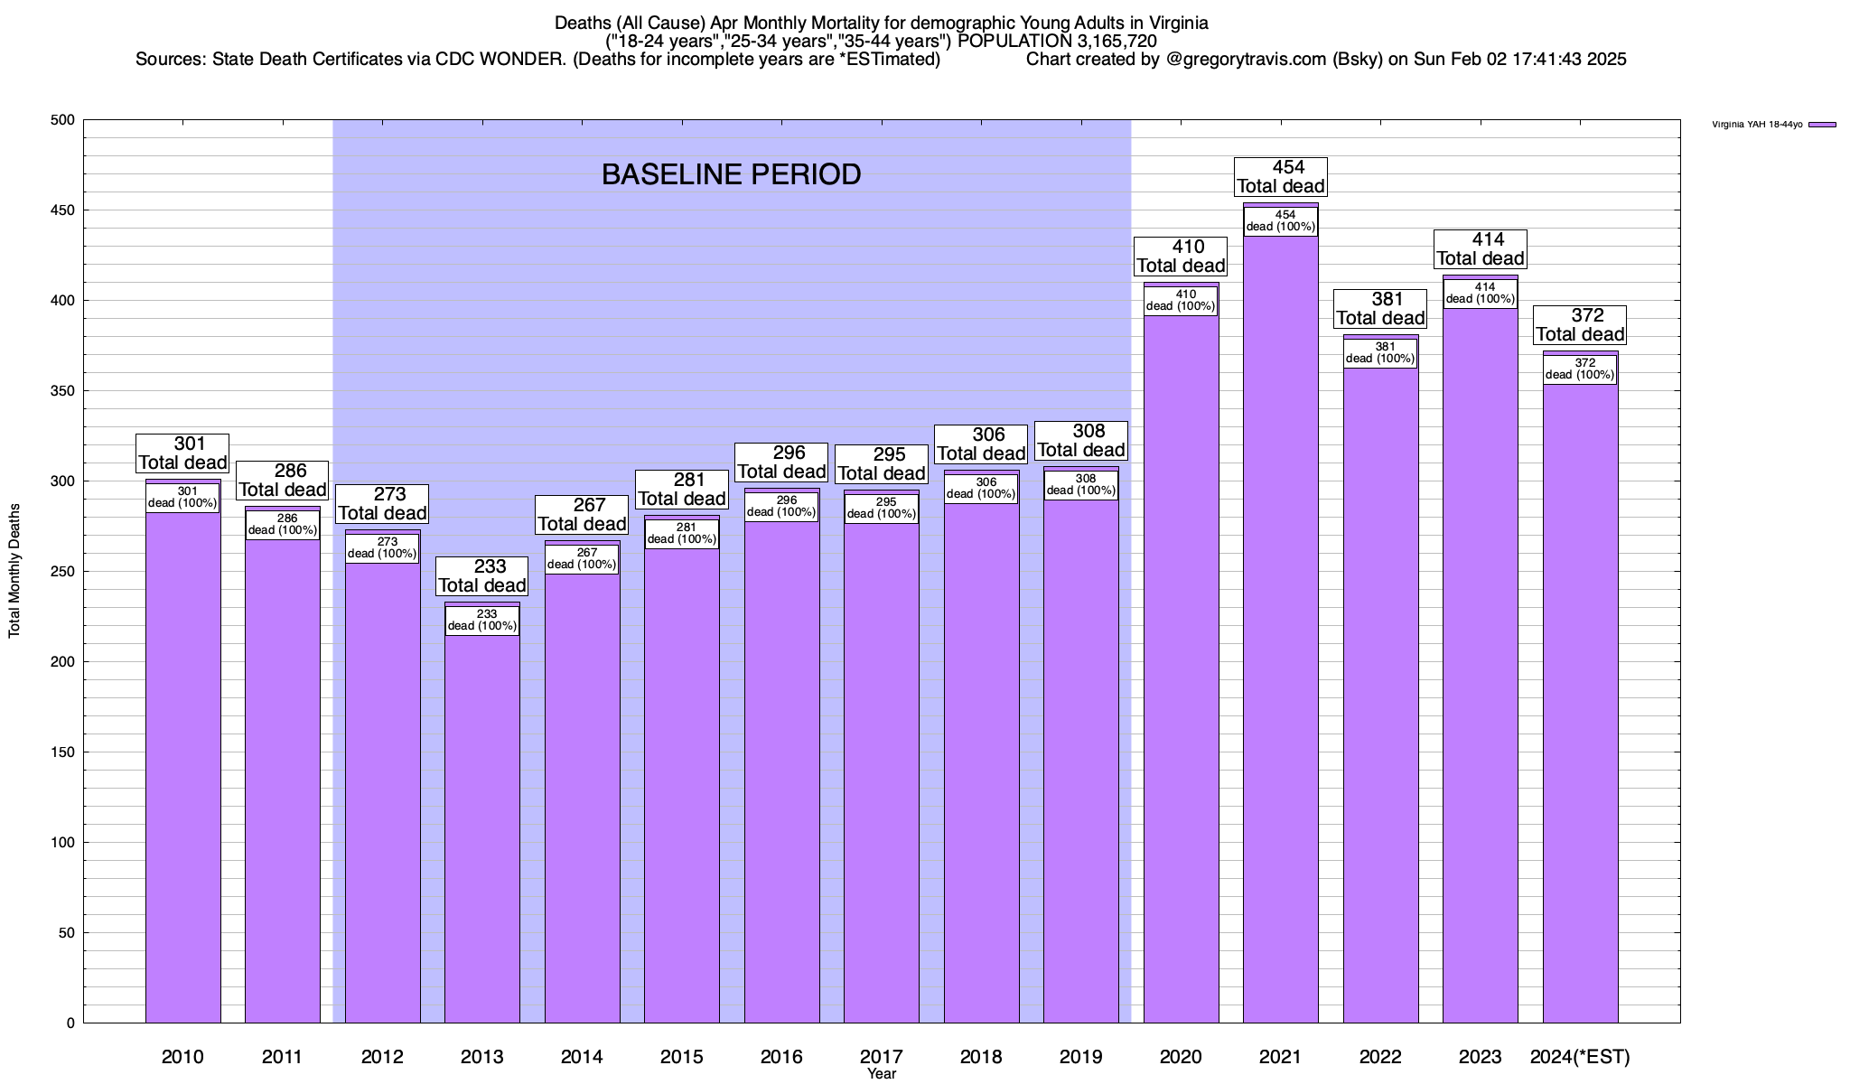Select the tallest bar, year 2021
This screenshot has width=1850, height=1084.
tap(1280, 632)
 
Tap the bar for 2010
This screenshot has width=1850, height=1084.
tap(182, 768)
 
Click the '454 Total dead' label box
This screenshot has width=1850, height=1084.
tap(1281, 177)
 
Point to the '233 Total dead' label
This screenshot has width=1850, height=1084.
tap(482, 576)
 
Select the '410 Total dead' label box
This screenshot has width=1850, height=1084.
tap(1181, 257)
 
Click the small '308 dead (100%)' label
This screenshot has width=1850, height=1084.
tap(1081, 485)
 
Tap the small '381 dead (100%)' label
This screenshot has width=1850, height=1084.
tap(1380, 353)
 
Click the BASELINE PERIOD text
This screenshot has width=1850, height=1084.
tap(731, 174)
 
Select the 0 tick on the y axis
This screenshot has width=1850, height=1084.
tap(70, 1023)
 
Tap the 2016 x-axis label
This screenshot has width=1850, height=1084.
tap(781, 1057)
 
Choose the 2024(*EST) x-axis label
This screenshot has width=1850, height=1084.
tap(1580, 1057)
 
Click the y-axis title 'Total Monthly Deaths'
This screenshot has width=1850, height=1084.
tap(14, 571)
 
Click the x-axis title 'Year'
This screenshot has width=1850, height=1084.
tap(882, 1074)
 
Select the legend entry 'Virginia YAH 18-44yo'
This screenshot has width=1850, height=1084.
tap(1757, 125)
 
